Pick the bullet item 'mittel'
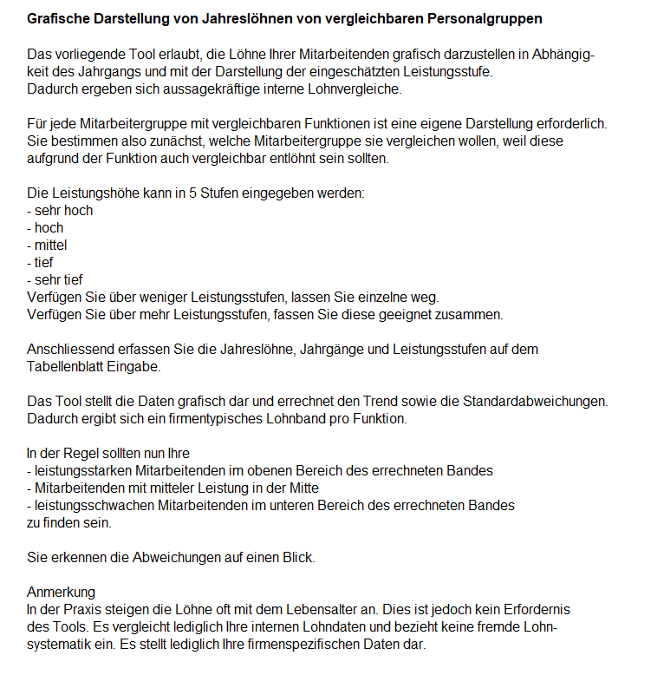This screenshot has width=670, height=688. [x=50, y=245]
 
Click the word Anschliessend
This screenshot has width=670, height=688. [x=68, y=349]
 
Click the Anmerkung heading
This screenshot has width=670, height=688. [x=62, y=592]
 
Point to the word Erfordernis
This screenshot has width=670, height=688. [x=536, y=609]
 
